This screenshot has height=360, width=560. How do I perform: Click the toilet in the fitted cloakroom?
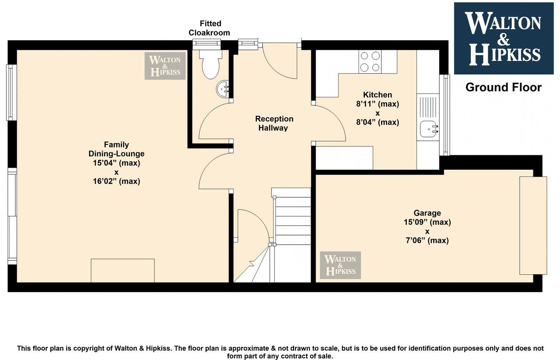(x=210, y=64)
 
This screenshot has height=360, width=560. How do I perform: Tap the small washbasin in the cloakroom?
(x=222, y=88)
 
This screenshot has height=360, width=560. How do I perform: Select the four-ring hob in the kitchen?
(x=370, y=62)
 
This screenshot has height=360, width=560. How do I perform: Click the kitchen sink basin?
(x=428, y=129)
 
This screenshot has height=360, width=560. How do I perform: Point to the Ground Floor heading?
(x=503, y=87)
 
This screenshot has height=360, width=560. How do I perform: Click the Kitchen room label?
(x=377, y=95)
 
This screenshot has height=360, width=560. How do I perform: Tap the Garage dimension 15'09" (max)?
(x=427, y=222)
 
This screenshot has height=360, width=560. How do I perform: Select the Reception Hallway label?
(x=274, y=123)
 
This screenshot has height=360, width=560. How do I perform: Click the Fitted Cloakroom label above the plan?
(x=209, y=28)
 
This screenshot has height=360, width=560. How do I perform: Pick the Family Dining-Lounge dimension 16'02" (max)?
(x=116, y=181)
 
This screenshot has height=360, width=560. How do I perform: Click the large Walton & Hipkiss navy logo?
(x=503, y=38)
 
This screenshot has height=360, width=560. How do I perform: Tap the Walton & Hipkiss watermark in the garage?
(x=340, y=265)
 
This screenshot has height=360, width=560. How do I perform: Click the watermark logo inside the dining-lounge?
(x=165, y=66)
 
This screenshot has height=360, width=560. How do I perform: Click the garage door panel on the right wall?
(x=533, y=225)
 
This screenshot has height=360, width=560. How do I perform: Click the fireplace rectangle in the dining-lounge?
(x=122, y=271)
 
